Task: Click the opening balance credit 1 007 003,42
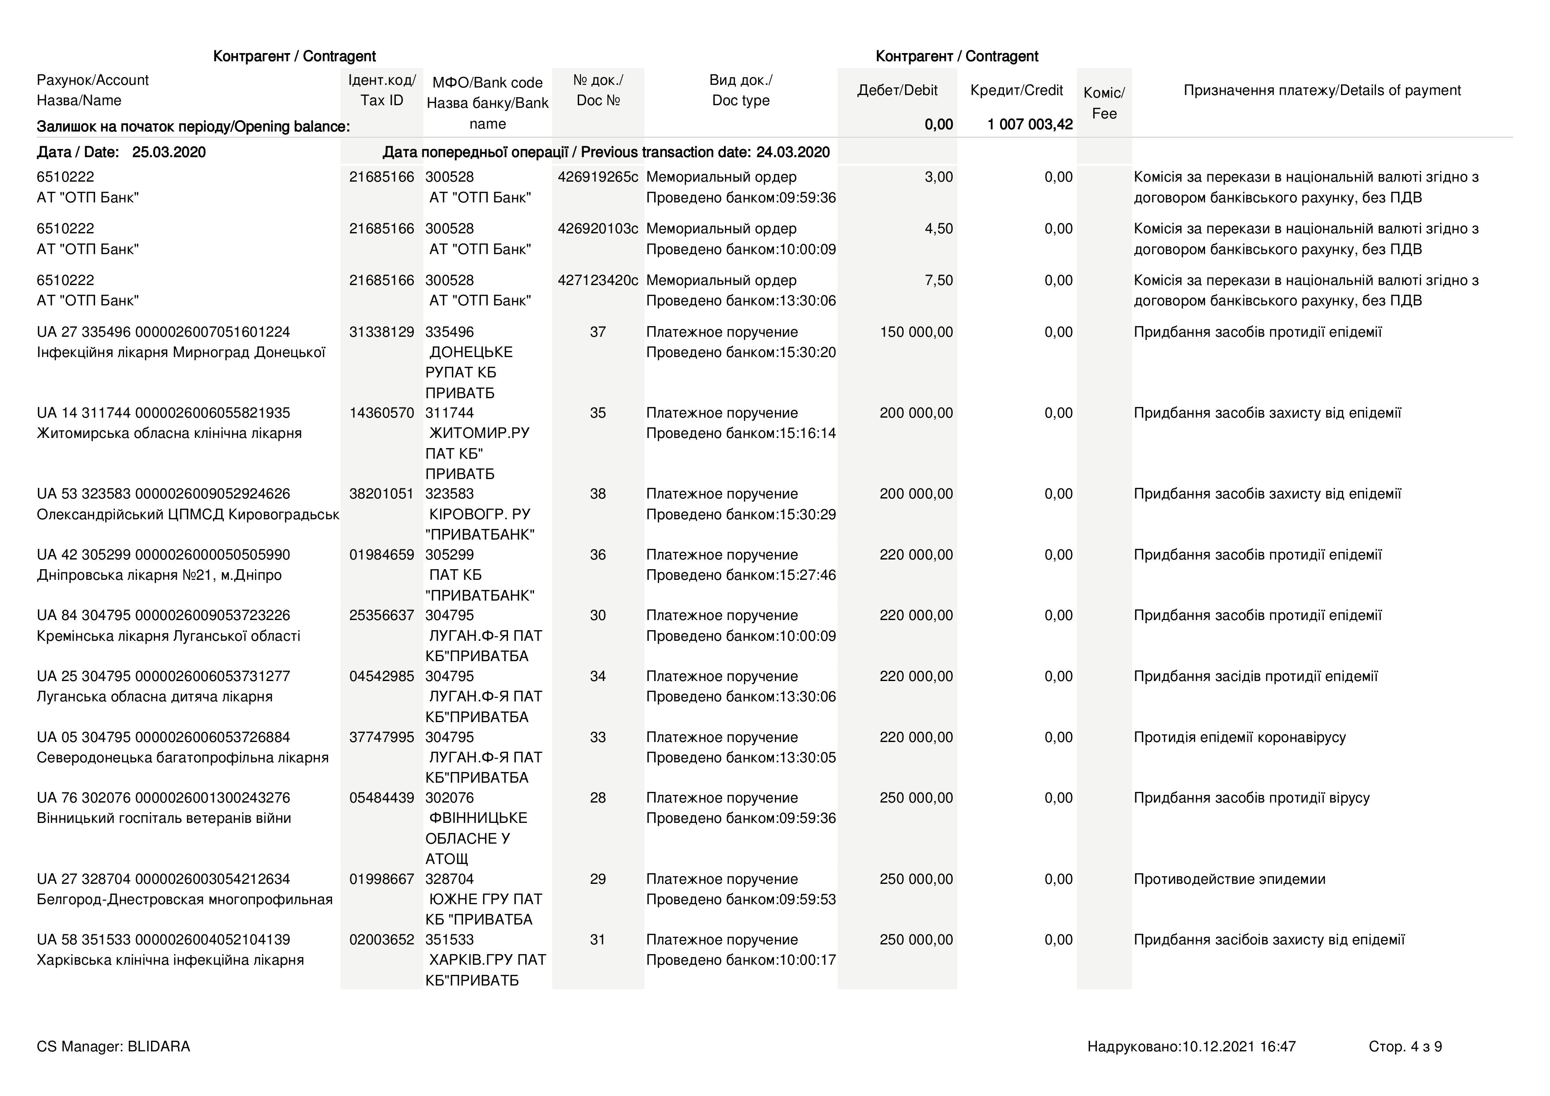click(1030, 124)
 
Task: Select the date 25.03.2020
click(169, 152)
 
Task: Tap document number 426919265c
click(598, 177)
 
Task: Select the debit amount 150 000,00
click(916, 332)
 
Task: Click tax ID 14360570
click(381, 413)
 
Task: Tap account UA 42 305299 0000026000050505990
click(163, 555)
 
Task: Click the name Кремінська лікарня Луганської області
click(169, 636)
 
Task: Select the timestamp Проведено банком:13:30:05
click(741, 757)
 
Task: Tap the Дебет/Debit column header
click(897, 91)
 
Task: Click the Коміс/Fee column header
click(1104, 103)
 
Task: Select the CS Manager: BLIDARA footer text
click(114, 1047)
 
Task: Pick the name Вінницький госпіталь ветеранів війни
click(164, 818)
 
